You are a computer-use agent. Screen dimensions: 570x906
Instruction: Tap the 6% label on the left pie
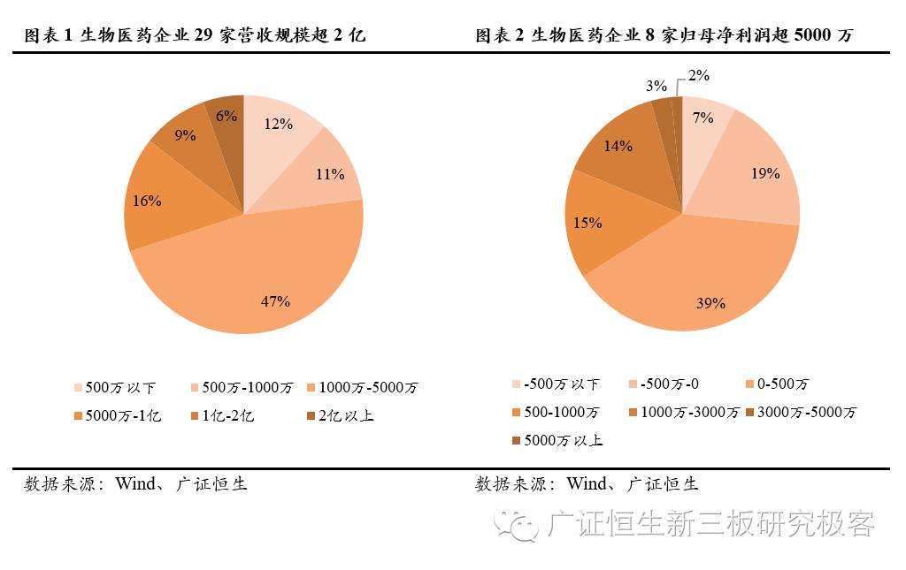(226, 115)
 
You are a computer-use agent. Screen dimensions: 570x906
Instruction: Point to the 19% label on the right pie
(766, 173)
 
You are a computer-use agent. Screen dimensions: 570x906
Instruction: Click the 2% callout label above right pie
(699, 76)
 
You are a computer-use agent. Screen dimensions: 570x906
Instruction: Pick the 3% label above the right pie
(656, 86)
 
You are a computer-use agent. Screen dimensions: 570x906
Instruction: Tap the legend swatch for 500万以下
(79, 388)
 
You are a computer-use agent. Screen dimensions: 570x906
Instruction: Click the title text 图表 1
(49, 35)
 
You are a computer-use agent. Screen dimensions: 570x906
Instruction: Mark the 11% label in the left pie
(330, 174)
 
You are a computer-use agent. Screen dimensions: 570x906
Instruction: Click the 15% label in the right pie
(587, 223)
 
